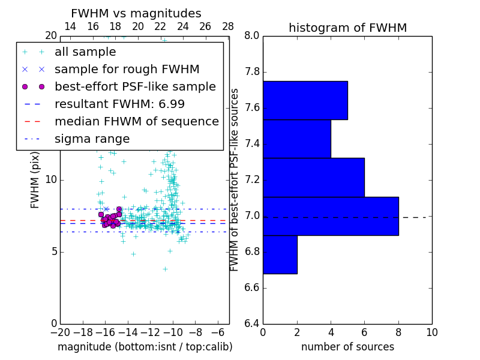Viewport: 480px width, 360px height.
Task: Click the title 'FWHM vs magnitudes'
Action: point(136,13)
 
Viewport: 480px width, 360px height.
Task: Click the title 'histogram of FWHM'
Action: point(347,28)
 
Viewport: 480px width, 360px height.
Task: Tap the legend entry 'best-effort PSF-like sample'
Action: point(135,86)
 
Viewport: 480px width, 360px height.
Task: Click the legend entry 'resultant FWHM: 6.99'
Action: point(119,104)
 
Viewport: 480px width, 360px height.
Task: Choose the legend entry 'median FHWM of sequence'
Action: point(136,121)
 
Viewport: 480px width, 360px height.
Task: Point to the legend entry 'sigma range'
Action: point(92,139)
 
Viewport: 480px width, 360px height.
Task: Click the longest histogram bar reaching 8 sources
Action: point(331,216)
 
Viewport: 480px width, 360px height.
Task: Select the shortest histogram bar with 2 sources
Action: point(280,254)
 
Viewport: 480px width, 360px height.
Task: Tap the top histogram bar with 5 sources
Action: point(305,100)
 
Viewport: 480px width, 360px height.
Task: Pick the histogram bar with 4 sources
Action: point(296,139)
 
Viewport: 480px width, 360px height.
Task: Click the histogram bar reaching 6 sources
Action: point(313,177)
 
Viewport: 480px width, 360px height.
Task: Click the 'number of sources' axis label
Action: point(347,347)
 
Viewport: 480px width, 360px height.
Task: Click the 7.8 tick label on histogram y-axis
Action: point(252,72)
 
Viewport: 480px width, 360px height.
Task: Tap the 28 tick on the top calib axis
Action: point(228,27)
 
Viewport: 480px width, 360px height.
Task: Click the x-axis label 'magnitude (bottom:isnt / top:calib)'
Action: point(145,347)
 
